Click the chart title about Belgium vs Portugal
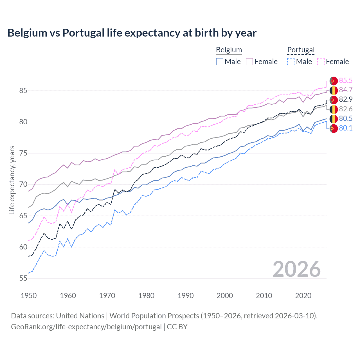tap(132, 33)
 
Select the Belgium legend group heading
tap(229, 50)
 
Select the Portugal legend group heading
tap(301, 50)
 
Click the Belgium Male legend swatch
tap(220, 62)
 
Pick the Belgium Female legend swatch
tap(249, 62)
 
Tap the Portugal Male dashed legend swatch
tap(291, 62)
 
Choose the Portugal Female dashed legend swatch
tap(321, 62)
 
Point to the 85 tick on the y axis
tap(23, 91)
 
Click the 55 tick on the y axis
tap(23, 278)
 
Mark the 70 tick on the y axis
tap(23, 184)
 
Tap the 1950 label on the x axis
tap(29, 296)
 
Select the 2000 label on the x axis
tap(225, 296)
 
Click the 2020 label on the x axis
tap(303, 296)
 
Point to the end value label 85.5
tap(345, 81)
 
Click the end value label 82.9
tap(345, 100)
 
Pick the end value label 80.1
tap(345, 128)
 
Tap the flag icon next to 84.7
tap(334, 90)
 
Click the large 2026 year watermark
tap(296, 269)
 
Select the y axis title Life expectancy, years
tap(12, 180)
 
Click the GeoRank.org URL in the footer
tap(86, 327)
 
